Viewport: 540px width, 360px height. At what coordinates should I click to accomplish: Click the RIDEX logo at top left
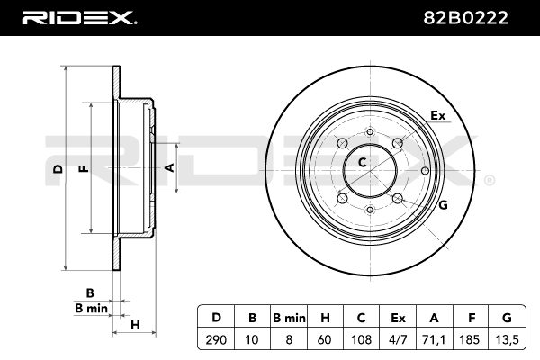coord(79,17)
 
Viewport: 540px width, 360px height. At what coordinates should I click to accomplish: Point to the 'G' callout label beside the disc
coord(442,206)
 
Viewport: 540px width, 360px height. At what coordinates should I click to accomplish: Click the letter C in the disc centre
coord(363,163)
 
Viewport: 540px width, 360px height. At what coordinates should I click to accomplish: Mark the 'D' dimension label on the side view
coord(57,169)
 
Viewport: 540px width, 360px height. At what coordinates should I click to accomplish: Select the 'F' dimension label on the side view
coord(83,169)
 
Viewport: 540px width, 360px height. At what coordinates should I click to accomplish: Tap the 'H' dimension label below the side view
coord(134,324)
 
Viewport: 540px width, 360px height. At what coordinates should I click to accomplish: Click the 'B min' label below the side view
coord(90,308)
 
